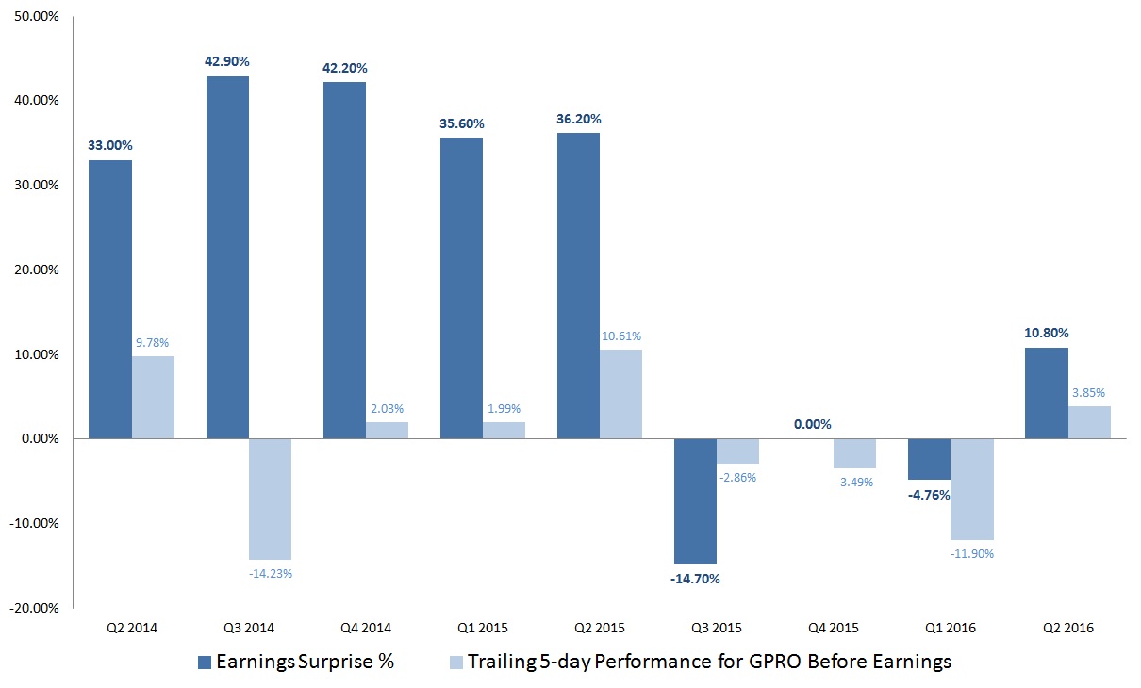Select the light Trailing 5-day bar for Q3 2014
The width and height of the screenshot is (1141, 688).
tap(271, 499)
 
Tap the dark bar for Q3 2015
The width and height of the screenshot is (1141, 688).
tap(695, 500)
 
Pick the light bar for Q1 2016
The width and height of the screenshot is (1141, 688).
tap(972, 489)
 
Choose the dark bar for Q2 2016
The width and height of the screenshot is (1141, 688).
tap(1047, 393)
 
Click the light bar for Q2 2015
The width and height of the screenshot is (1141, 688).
tap(620, 394)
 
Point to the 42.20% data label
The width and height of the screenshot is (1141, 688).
tap(344, 68)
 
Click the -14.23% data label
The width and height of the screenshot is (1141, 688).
tap(270, 573)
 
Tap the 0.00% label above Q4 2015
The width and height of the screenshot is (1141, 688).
tap(812, 424)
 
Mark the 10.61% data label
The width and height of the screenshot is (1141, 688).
tap(620, 336)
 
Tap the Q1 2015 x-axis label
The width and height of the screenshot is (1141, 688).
tap(461, 628)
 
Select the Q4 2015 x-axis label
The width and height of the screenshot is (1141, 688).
tap(812, 628)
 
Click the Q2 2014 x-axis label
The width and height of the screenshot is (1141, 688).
tap(110, 628)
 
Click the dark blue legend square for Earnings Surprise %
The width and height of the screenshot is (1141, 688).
tap(205, 663)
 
